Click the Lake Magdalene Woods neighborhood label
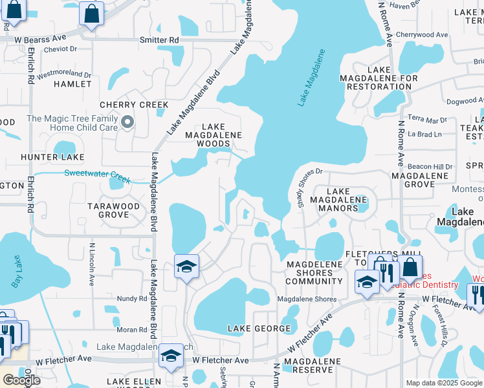214,135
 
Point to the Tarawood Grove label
114,210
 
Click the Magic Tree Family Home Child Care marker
128,122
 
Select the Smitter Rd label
159,40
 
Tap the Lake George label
259,329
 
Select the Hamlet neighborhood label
73,84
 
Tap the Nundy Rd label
133,298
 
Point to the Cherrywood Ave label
422,35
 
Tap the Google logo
21,380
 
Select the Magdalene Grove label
420,180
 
